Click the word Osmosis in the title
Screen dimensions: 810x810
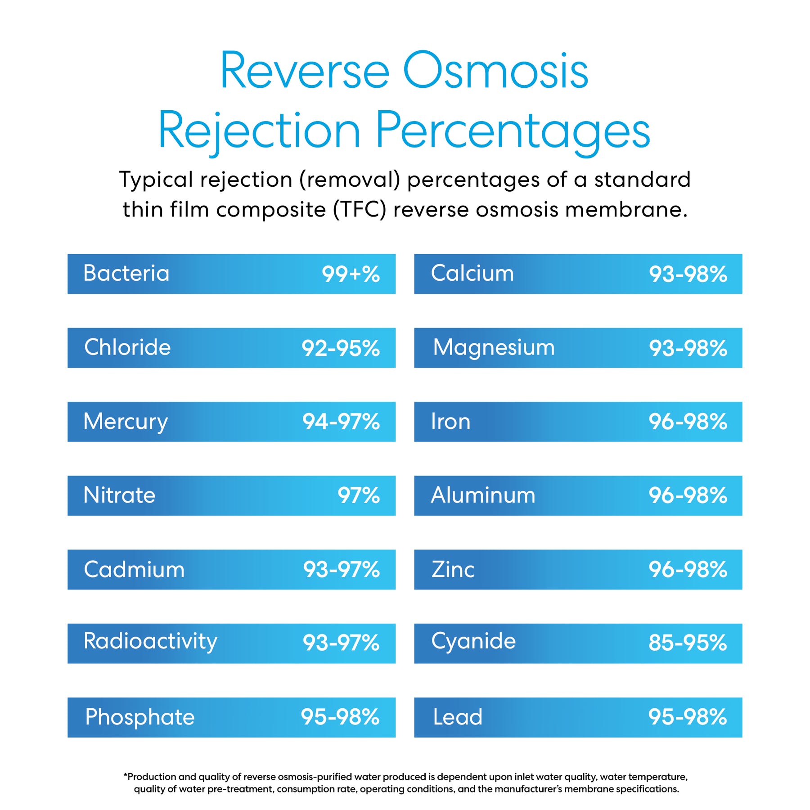click(495, 71)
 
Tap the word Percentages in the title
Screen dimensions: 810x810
click(513, 130)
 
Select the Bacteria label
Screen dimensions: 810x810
click(126, 274)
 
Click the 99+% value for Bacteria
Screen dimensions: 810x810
click(351, 274)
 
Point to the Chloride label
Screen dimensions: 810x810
click(127, 348)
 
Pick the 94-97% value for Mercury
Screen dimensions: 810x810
click(341, 422)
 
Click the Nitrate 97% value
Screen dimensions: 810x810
click(359, 496)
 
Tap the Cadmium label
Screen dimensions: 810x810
click(134, 570)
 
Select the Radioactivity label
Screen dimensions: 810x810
click(150, 642)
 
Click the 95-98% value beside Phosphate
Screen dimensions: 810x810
click(340, 717)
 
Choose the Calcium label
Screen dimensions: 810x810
click(472, 274)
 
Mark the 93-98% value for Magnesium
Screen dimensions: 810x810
click(688, 348)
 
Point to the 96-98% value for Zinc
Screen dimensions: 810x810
click(688, 570)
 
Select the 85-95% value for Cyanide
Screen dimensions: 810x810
click(688, 643)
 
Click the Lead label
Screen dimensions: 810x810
click(457, 717)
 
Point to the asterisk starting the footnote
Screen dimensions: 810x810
click(126, 776)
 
